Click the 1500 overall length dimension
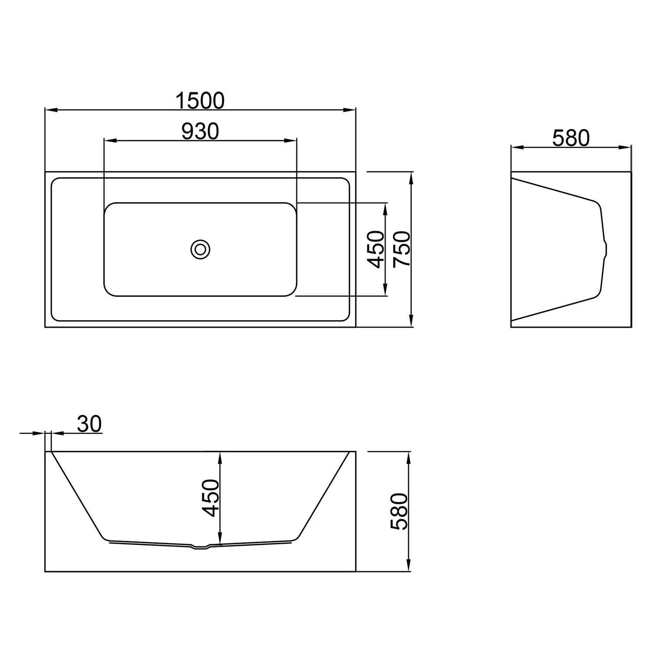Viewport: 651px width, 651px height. (x=200, y=101)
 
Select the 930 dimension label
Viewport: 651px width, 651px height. (x=200, y=131)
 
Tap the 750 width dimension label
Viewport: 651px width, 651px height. (x=401, y=250)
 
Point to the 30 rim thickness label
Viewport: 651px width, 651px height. (x=89, y=424)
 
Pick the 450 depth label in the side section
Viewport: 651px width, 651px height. (x=211, y=498)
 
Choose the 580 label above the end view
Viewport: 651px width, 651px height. (x=571, y=138)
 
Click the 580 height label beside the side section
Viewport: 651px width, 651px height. (x=399, y=511)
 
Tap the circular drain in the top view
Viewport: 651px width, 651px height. (x=200, y=249)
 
